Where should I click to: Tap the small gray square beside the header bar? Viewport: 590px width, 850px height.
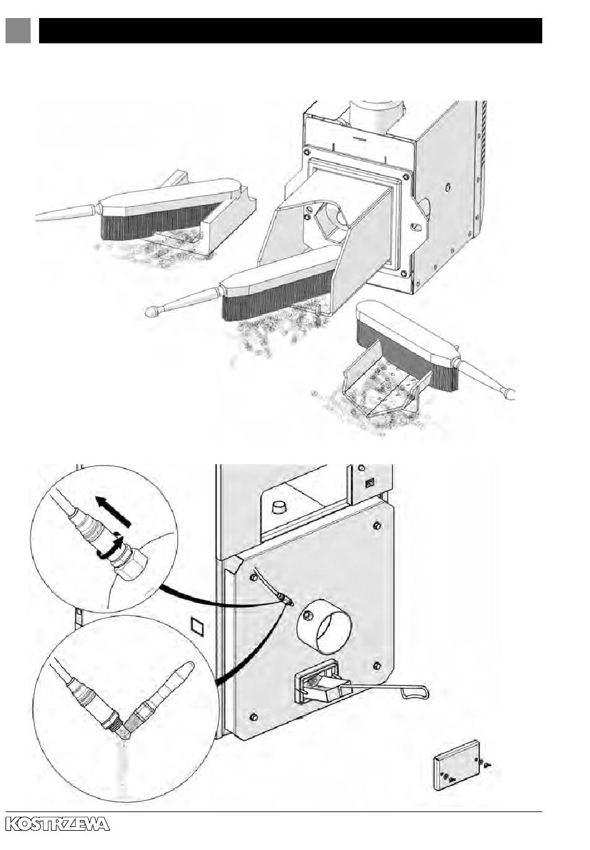[x=18, y=30]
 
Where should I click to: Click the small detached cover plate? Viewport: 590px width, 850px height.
[x=458, y=766]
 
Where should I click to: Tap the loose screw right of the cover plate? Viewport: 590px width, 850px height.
[x=488, y=765]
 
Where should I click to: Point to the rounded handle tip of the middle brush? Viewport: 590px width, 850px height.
[x=151, y=312]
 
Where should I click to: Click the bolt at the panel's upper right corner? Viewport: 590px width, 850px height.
[x=377, y=527]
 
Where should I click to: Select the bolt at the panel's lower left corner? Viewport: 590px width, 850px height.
[x=253, y=718]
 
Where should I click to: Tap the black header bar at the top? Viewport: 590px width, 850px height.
[x=290, y=30]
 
